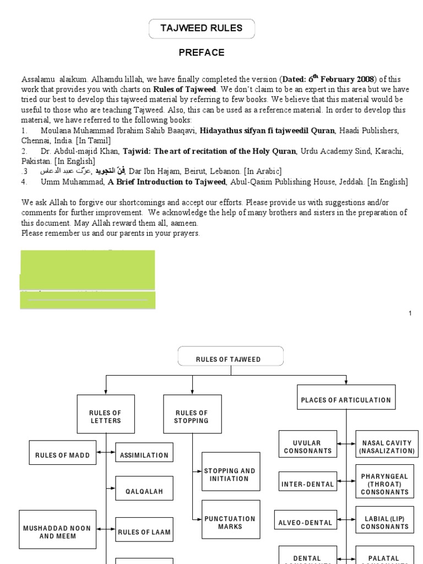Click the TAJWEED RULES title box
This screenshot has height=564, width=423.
pyautogui.click(x=201, y=29)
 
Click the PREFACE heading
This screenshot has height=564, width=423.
pyautogui.click(x=201, y=53)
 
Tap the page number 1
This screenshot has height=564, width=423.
pyautogui.click(x=410, y=313)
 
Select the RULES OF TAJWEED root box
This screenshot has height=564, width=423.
pyautogui.click(x=230, y=360)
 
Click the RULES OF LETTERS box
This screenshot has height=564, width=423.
pyautogui.click(x=106, y=417)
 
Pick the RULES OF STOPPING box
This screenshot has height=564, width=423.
pyautogui.click(x=192, y=417)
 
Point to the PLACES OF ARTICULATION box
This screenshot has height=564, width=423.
pyautogui.click(x=346, y=400)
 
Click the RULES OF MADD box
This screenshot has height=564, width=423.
pyautogui.click(x=62, y=455)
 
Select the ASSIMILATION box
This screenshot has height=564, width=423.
pyautogui.click(x=144, y=455)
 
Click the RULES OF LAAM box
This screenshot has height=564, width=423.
pyautogui.click(x=144, y=532)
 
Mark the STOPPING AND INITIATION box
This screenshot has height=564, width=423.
pyautogui.click(x=230, y=475)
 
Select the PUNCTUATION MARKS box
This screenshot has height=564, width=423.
pyautogui.click(x=230, y=522)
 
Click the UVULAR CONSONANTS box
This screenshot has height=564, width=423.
pyautogui.click(x=308, y=447)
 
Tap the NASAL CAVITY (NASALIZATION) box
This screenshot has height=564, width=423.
pyautogui.click(x=387, y=447)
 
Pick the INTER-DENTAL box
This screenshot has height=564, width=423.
pyautogui.click(x=308, y=484)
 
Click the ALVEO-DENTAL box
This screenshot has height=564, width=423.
pyautogui.click(x=306, y=522)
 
